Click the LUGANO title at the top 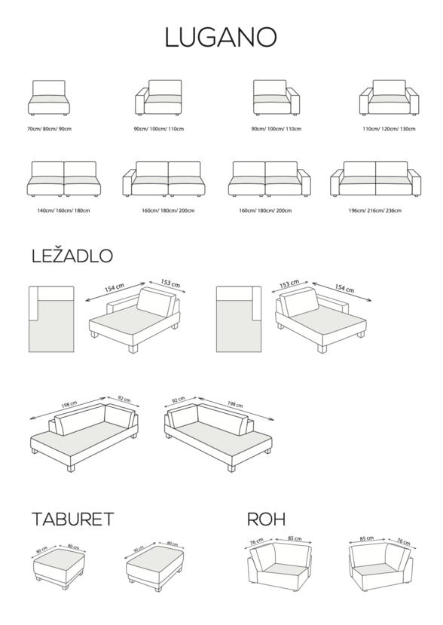click(221, 38)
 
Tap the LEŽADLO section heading click(72, 256)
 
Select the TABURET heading click(73, 519)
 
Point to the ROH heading click(266, 519)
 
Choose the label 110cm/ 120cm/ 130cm click(389, 129)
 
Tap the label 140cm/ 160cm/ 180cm click(63, 210)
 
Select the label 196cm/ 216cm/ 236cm click(375, 210)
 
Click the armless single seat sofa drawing click(49, 98)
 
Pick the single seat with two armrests click(390, 98)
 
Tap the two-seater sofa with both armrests click(375, 179)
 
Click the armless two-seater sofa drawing click(64, 179)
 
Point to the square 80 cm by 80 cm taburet click(59, 568)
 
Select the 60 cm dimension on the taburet click(172, 544)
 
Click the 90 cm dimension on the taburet click(138, 550)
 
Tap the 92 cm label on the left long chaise click(124, 400)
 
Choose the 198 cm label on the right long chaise click(235, 405)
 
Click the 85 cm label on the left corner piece click(295, 538)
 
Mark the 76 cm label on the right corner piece click(404, 541)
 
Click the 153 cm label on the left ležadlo click(170, 283)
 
